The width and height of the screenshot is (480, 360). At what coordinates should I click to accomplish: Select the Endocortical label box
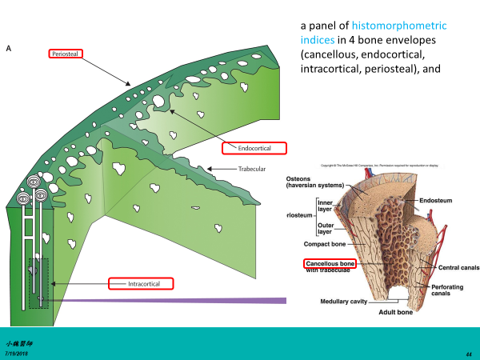255,148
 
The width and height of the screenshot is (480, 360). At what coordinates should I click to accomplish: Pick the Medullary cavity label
349,302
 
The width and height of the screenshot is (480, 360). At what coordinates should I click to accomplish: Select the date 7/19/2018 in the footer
17,352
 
